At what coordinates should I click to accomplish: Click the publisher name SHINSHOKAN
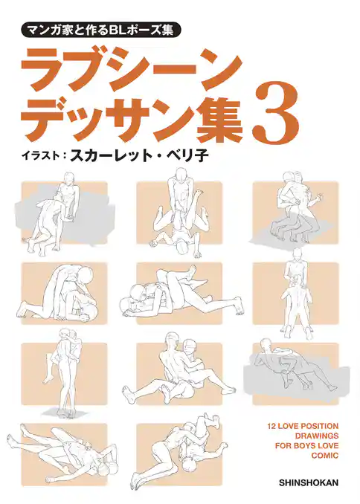tap(308, 482)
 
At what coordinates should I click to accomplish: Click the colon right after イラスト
tap(65, 158)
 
